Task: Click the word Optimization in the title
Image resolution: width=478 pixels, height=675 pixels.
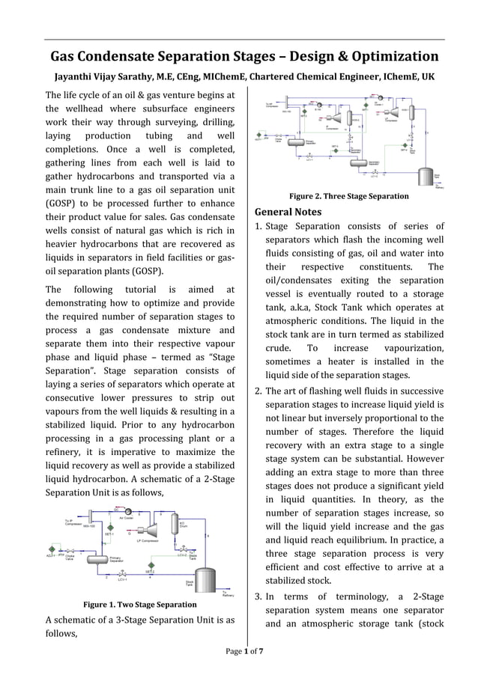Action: [391, 57]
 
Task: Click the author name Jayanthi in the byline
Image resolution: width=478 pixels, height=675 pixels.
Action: [77, 77]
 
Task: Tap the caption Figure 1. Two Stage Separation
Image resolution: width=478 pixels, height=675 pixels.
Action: [139, 604]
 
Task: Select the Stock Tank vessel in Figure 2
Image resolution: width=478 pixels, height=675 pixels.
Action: [427, 177]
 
